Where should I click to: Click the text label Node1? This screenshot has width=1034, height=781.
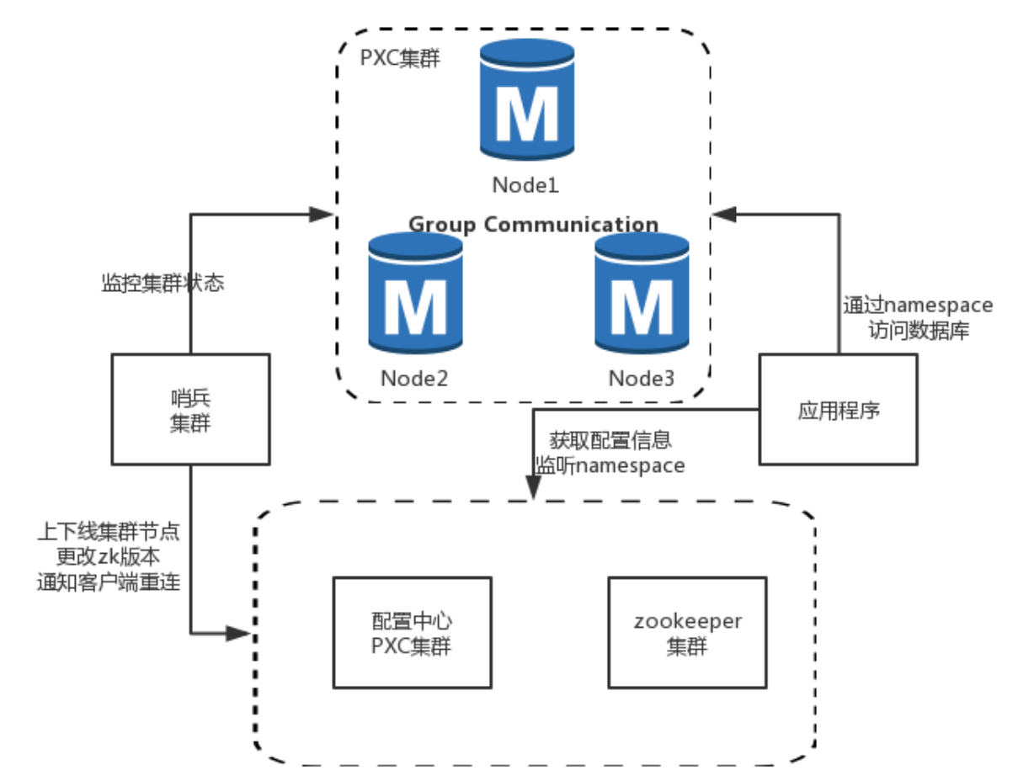coord(526,184)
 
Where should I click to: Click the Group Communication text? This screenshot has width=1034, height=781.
coord(533,225)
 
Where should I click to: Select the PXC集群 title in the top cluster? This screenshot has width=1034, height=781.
coord(400,60)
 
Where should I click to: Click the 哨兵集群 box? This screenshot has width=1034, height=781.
coord(190,409)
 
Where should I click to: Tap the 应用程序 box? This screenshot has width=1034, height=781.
coord(839,410)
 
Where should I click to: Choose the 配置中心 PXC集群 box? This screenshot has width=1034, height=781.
coord(412,632)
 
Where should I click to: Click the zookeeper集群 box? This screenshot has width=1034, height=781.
coord(687,632)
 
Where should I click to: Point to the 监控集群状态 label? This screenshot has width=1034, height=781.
coord(163,283)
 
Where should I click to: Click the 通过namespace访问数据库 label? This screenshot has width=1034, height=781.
coord(918,318)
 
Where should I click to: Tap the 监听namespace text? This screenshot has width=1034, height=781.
coord(610,465)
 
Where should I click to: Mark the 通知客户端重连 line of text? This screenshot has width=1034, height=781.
coord(109,581)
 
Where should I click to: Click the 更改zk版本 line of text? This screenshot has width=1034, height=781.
coord(109,556)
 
